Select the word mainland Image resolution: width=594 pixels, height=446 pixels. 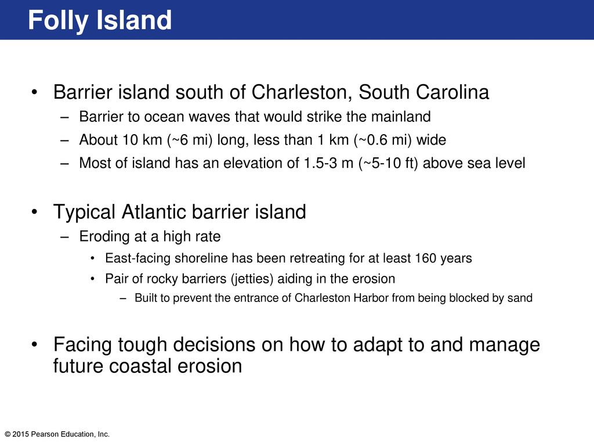pos(401,116)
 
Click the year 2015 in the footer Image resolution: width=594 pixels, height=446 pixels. pos(21,434)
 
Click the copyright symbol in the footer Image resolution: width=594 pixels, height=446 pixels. pos(8,434)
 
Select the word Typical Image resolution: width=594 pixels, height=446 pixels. pos(84,212)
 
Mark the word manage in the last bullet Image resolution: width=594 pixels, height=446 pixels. pos(504,345)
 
